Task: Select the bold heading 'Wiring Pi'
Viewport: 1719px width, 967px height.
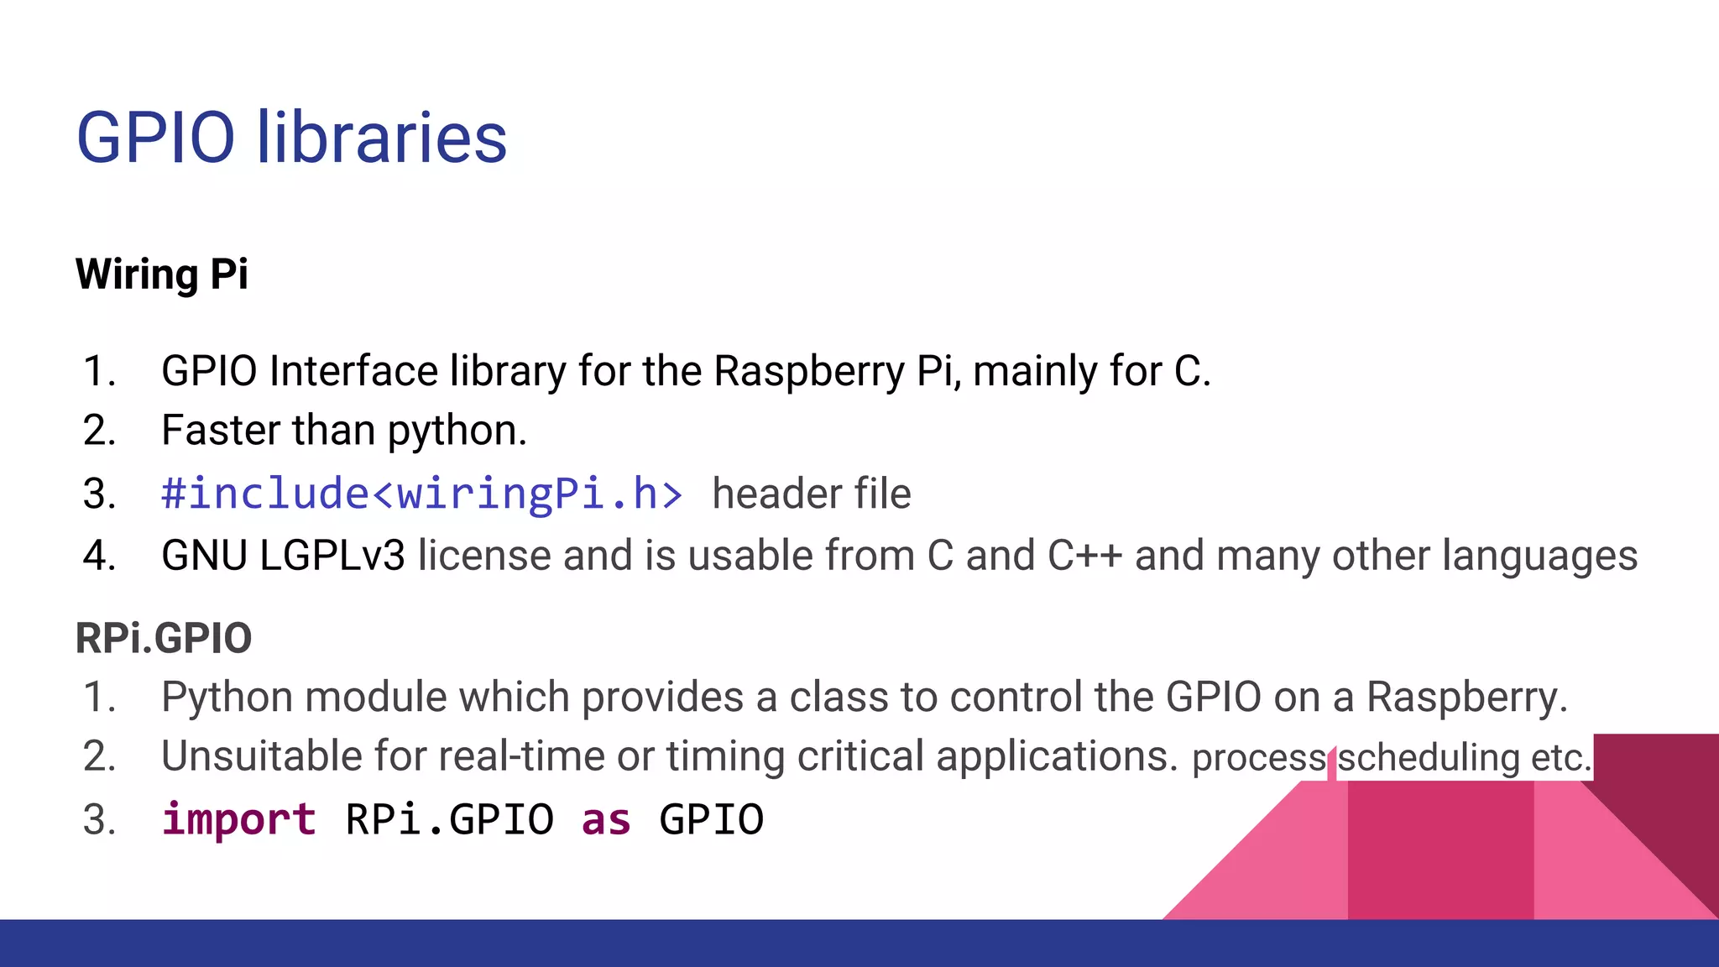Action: tap(162, 274)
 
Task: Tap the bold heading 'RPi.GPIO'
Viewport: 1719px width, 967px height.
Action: tap(164, 638)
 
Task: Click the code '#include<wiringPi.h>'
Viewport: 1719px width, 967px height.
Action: tap(422, 493)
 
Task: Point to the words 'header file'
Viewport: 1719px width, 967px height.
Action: tap(811, 494)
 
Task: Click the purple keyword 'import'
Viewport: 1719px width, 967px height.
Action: tap(239, 819)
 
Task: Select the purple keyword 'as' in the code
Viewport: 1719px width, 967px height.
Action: tap(606, 819)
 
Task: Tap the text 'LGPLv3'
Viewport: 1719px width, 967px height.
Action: tap(332, 556)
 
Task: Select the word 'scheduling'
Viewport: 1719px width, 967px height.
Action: tap(1428, 757)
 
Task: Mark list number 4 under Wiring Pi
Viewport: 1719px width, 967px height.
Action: tap(99, 556)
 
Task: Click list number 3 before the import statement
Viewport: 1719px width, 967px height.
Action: tap(99, 820)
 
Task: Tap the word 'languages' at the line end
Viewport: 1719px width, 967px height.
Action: tap(1539, 557)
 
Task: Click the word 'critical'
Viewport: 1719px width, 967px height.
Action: tap(860, 755)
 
